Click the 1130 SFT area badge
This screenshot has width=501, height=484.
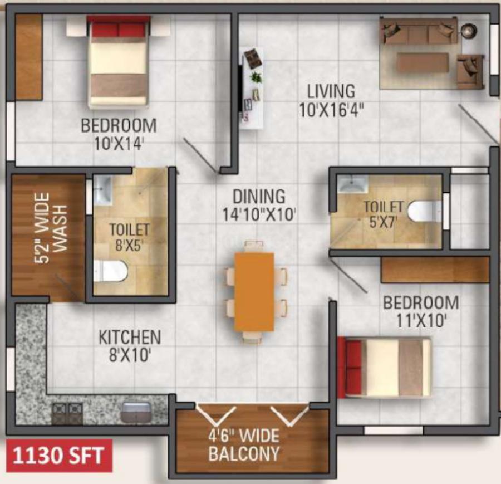tap(59, 455)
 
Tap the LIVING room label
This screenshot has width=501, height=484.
tap(331, 91)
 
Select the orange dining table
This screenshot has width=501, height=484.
tap(254, 291)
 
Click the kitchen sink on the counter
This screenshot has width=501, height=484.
tap(136, 412)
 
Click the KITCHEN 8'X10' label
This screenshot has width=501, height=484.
tap(130, 346)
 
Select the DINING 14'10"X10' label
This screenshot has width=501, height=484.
tap(259, 206)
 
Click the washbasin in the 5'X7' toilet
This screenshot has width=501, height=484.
tap(353, 184)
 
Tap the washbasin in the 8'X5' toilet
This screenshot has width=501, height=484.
tap(102, 190)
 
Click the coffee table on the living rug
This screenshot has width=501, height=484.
tap(423, 62)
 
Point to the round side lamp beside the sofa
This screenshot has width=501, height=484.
tap(469, 31)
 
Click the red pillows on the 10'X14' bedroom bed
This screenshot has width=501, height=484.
tap(119, 30)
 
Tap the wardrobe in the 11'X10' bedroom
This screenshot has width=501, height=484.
tap(435, 270)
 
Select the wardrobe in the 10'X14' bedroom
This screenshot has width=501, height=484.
tap(29, 57)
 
